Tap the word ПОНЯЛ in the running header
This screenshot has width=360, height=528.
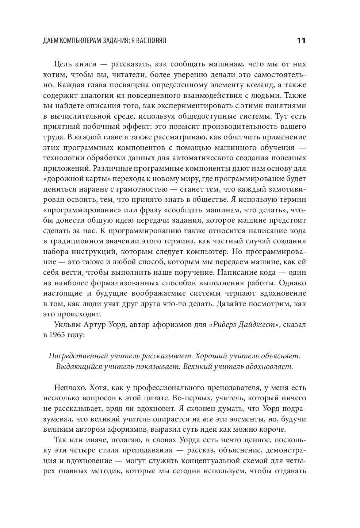156,41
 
